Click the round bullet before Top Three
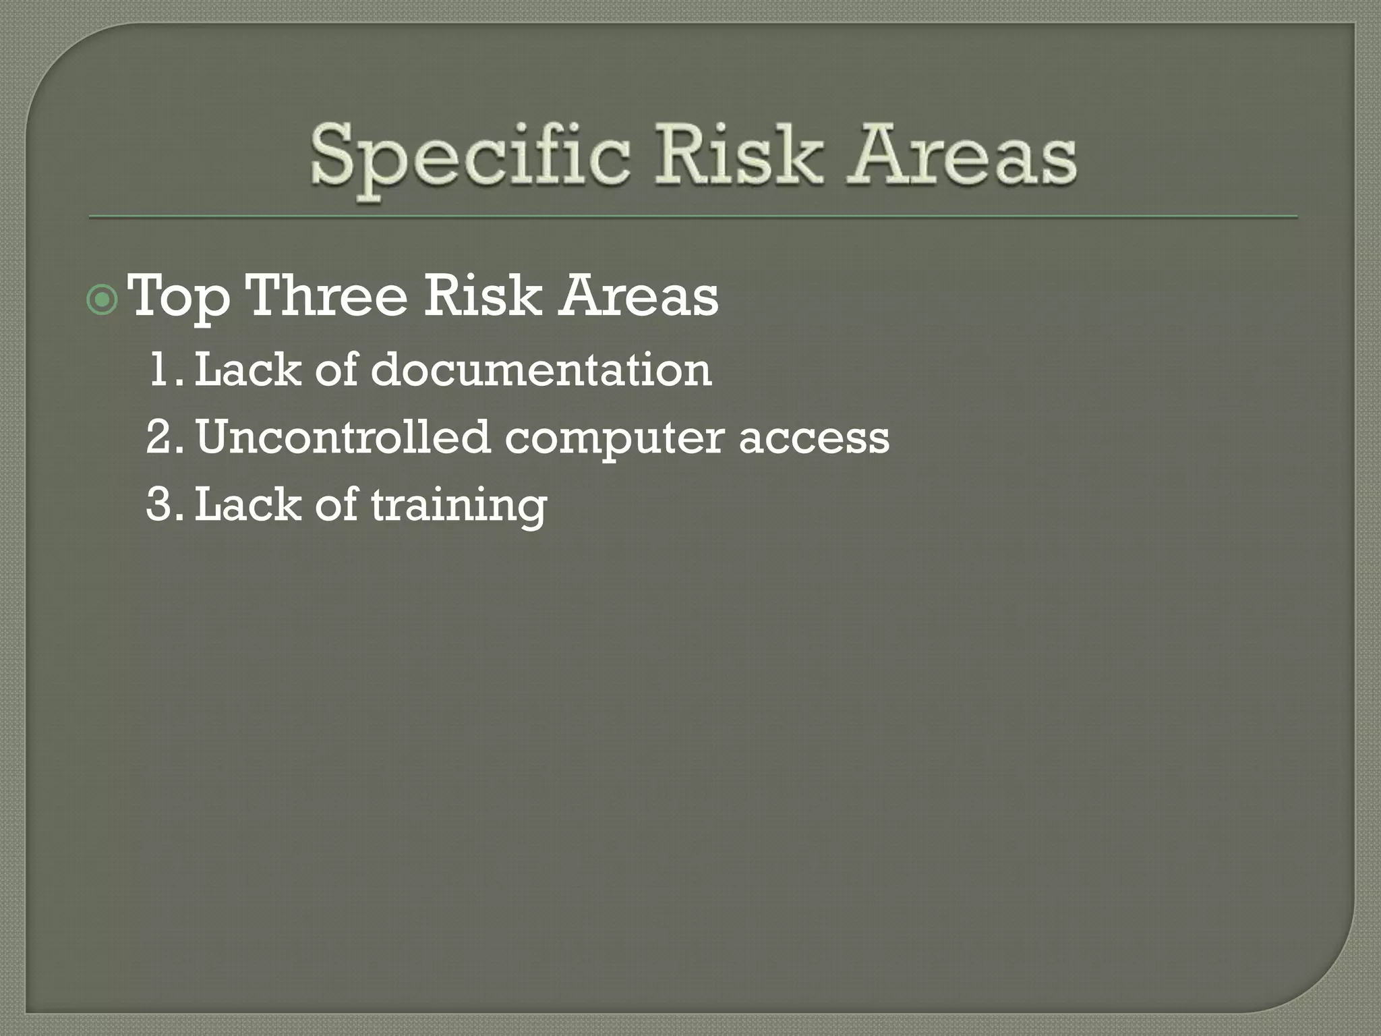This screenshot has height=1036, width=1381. (102, 301)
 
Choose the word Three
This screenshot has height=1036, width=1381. (327, 297)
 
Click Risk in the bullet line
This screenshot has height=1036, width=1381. (483, 297)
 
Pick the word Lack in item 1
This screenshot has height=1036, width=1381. (247, 370)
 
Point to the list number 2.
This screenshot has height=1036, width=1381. (162, 437)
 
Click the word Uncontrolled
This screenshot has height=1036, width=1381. (343, 437)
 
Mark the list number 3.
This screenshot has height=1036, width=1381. (162, 505)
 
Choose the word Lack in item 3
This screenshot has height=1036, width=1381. (247, 505)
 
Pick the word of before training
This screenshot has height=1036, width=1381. (336, 505)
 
